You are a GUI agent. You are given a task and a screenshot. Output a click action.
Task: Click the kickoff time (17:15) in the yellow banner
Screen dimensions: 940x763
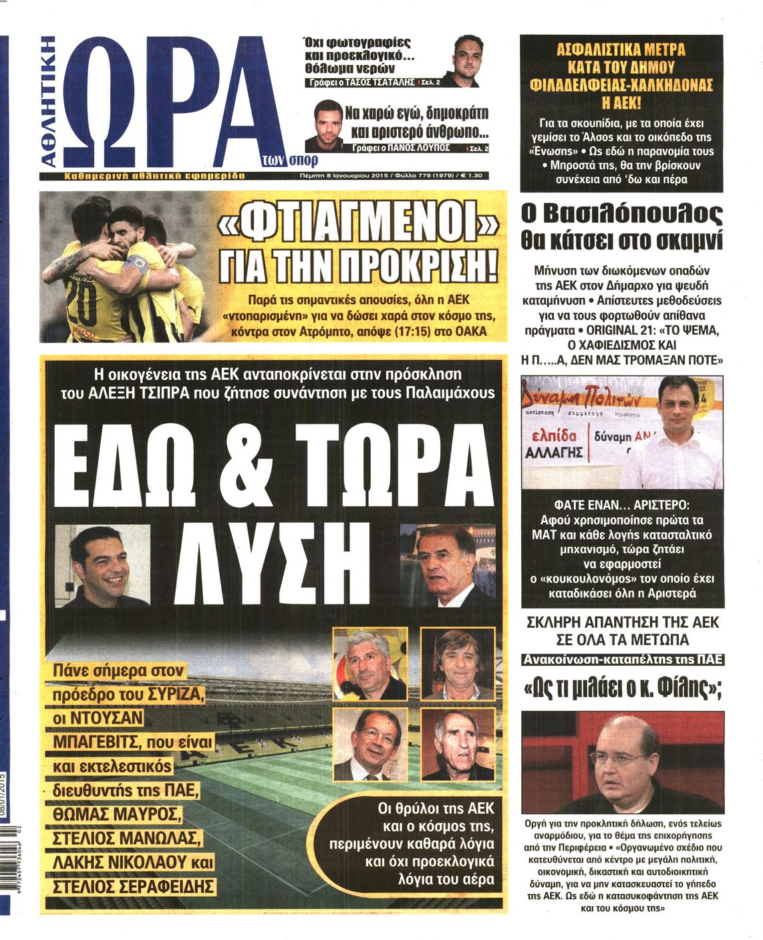[405, 332]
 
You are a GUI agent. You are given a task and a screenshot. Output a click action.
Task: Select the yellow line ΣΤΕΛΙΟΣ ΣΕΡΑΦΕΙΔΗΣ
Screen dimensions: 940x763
[134, 887]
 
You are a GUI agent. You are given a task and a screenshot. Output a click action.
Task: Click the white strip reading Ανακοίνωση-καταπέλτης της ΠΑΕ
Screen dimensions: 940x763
[623, 659]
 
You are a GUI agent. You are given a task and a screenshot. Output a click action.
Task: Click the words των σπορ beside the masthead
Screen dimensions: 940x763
[289, 160]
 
